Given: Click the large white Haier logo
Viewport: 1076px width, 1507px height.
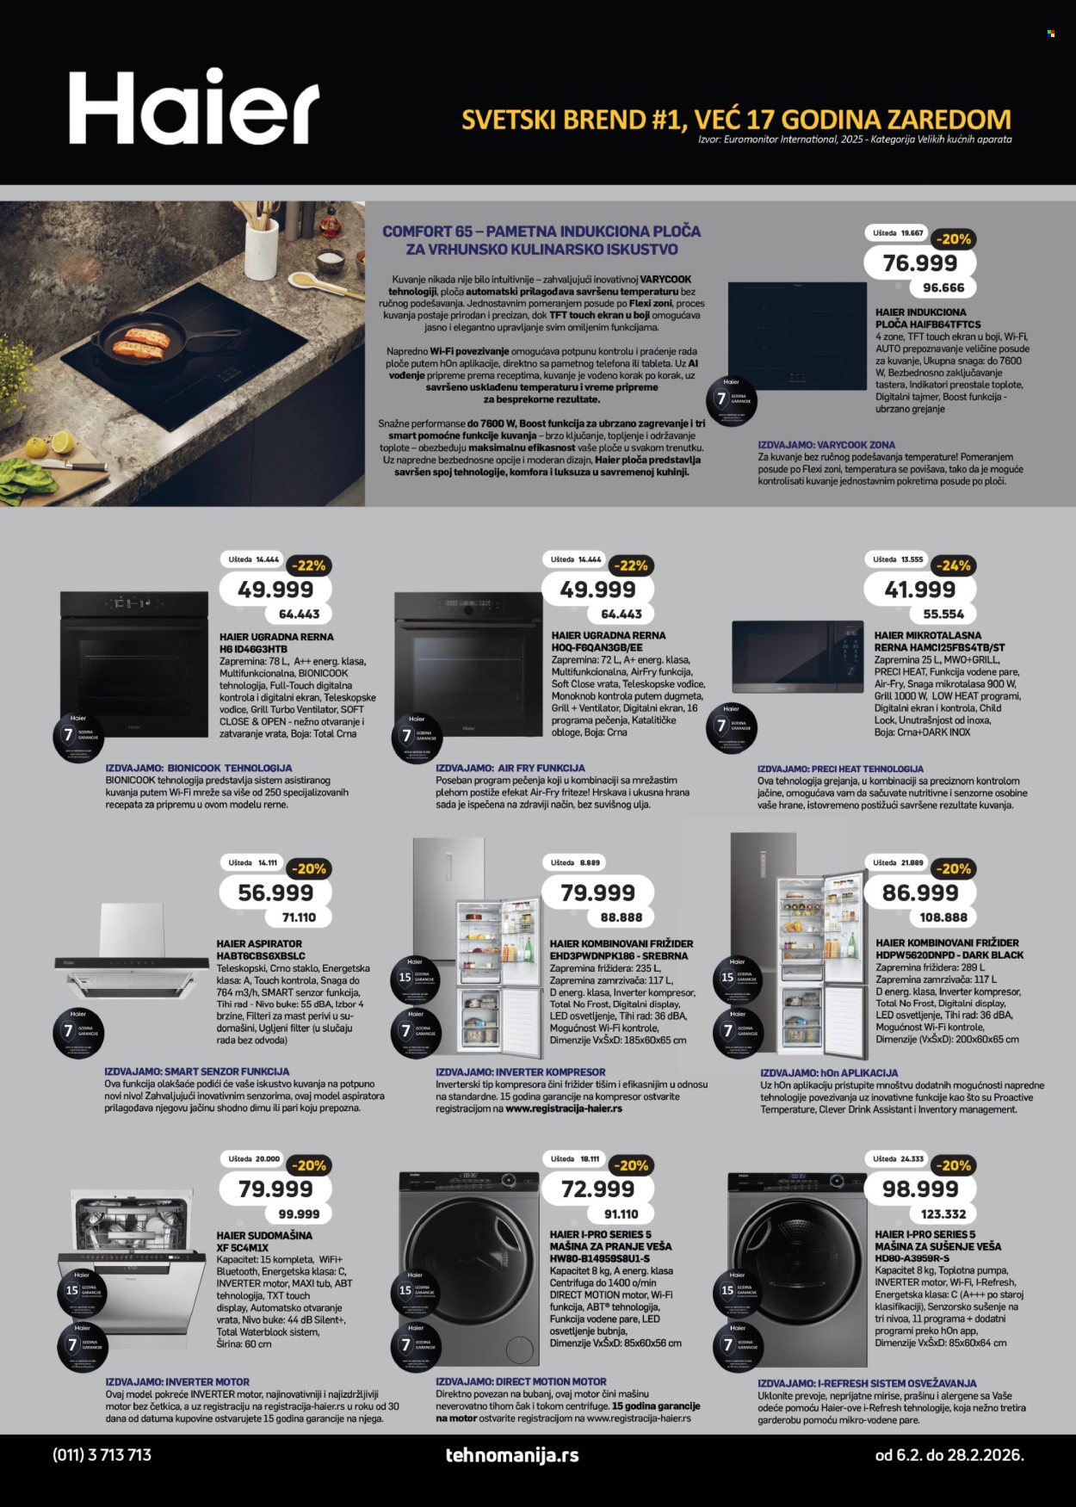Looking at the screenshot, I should coord(194,108).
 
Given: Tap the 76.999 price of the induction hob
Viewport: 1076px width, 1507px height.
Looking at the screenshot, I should coord(919,263).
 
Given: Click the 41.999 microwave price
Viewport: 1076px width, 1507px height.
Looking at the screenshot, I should coord(919,590).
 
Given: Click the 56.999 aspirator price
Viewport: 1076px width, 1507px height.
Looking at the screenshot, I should coord(275,892).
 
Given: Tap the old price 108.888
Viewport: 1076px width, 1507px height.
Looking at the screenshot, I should coord(943,917).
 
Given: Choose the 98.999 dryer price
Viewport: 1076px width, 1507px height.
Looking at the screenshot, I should coord(919,1189).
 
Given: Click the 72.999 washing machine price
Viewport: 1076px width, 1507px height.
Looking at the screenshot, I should coord(597,1189).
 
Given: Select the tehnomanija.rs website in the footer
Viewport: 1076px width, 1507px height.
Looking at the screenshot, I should coord(512,1455).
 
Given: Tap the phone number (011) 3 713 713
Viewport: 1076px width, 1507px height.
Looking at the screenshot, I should coord(102,1455).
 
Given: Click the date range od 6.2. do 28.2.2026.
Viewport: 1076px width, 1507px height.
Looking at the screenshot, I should coord(949,1455).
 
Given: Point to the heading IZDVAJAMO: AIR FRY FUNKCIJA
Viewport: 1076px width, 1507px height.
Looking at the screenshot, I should coord(510,768).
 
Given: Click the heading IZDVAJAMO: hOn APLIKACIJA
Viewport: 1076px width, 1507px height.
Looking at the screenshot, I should coord(829,1073).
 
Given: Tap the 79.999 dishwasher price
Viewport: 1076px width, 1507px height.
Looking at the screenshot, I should coord(275,1189).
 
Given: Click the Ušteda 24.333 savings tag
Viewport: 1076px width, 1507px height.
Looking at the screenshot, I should coord(899,1158).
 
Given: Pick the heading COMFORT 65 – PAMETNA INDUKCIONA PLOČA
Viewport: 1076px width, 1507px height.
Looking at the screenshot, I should coord(541,232).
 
